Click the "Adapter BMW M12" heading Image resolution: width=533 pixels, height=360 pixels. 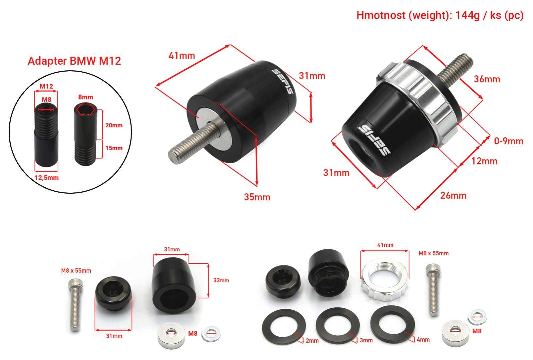74,61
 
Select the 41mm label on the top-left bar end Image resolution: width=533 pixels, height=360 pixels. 182,55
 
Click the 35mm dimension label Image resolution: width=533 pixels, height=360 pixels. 257,197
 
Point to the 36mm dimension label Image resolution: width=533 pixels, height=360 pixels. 487,79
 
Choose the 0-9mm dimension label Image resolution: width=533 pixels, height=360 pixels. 509,141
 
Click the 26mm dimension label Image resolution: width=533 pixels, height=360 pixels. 453,195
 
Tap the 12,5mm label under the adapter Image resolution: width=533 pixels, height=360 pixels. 47,178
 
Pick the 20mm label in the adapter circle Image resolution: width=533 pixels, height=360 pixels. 114,125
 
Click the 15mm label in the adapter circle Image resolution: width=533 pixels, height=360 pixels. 114,148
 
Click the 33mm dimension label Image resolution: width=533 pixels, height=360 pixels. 221,280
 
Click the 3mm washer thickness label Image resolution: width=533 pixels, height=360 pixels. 366,340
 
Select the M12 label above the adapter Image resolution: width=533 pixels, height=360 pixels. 46,86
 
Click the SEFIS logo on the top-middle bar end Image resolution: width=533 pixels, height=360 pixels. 282,81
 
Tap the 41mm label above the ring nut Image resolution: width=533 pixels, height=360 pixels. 385,245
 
